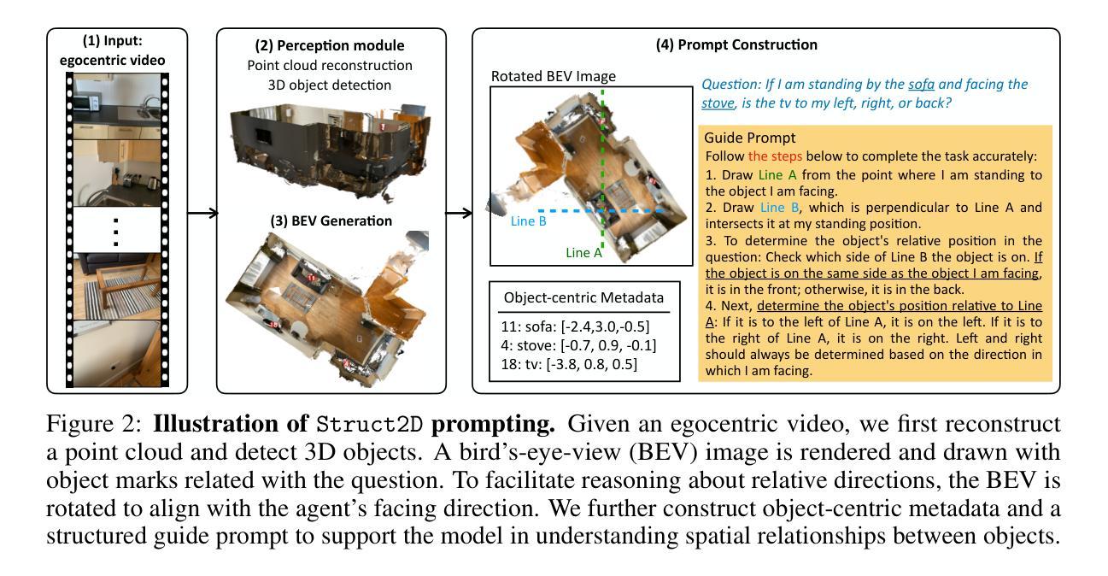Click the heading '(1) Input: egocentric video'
pyautogui.click(x=117, y=50)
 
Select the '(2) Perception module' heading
pyautogui.click(x=331, y=45)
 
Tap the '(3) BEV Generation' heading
pyautogui.click(x=331, y=220)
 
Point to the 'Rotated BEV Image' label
pyautogui.click(x=553, y=76)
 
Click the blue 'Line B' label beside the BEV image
pyautogui.click(x=529, y=221)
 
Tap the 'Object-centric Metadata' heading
pyautogui.click(x=583, y=298)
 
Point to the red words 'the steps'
pyautogui.click(x=774, y=156)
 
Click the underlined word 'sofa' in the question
pyautogui.click(x=921, y=85)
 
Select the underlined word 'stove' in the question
pyautogui.click(x=718, y=103)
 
